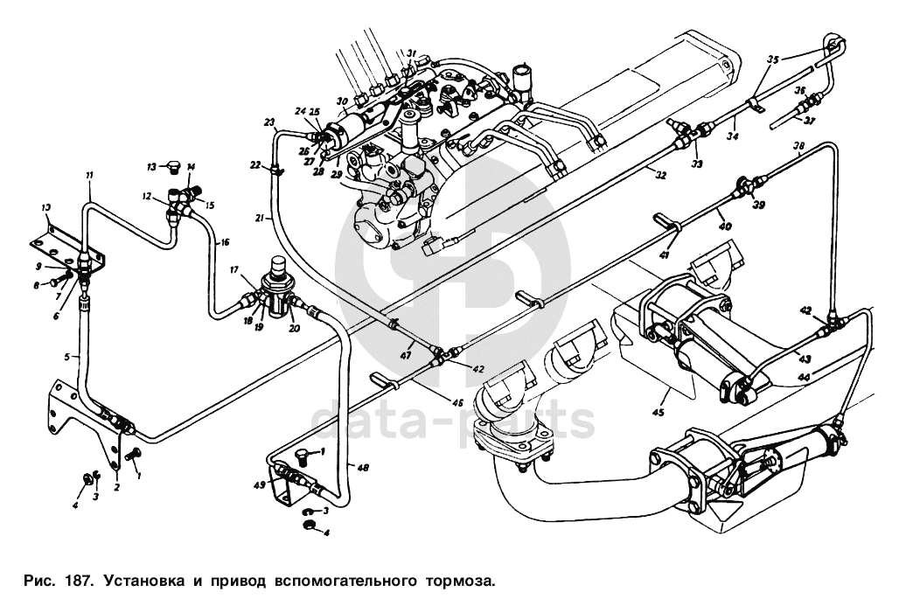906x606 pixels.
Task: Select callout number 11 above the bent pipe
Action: click(88, 176)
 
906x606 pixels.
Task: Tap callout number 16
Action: click(225, 242)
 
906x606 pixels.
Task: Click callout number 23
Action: click(268, 122)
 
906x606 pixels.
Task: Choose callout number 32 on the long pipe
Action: click(660, 176)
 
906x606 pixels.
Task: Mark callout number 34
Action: click(732, 136)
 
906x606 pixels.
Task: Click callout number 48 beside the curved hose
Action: click(363, 467)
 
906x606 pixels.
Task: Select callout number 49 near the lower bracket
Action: click(259, 484)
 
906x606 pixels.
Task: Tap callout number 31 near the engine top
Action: click(412, 53)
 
